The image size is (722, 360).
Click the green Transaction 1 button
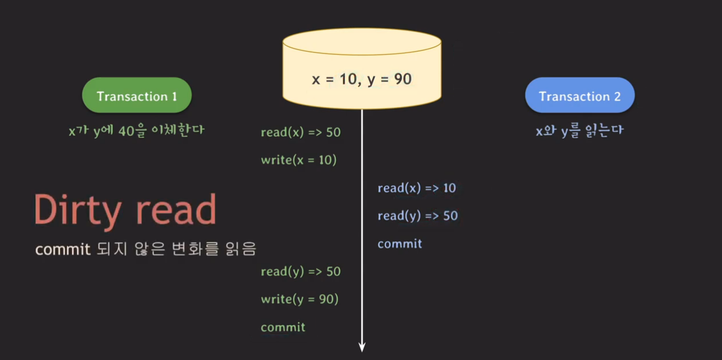click(x=136, y=96)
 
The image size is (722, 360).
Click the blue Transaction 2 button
click(x=580, y=96)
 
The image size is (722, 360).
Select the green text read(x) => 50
click(x=301, y=132)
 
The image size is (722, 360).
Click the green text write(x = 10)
click(x=298, y=160)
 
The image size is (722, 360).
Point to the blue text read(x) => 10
click(x=417, y=188)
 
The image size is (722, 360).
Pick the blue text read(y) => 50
click(x=417, y=216)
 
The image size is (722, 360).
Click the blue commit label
click(x=400, y=244)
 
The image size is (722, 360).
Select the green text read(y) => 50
click(x=301, y=271)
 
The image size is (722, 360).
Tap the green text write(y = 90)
click(x=299, y=300)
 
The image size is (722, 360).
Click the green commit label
click(x=283, y=327)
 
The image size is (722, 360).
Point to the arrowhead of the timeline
click(x=362, y=347)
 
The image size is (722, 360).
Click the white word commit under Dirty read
click(x=63, y=249)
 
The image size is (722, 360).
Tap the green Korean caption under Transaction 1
click(x=136, y=131)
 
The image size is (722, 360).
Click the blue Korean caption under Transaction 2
click(x=579, y=131)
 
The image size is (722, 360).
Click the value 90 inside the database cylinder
click(x=403, y=79)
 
